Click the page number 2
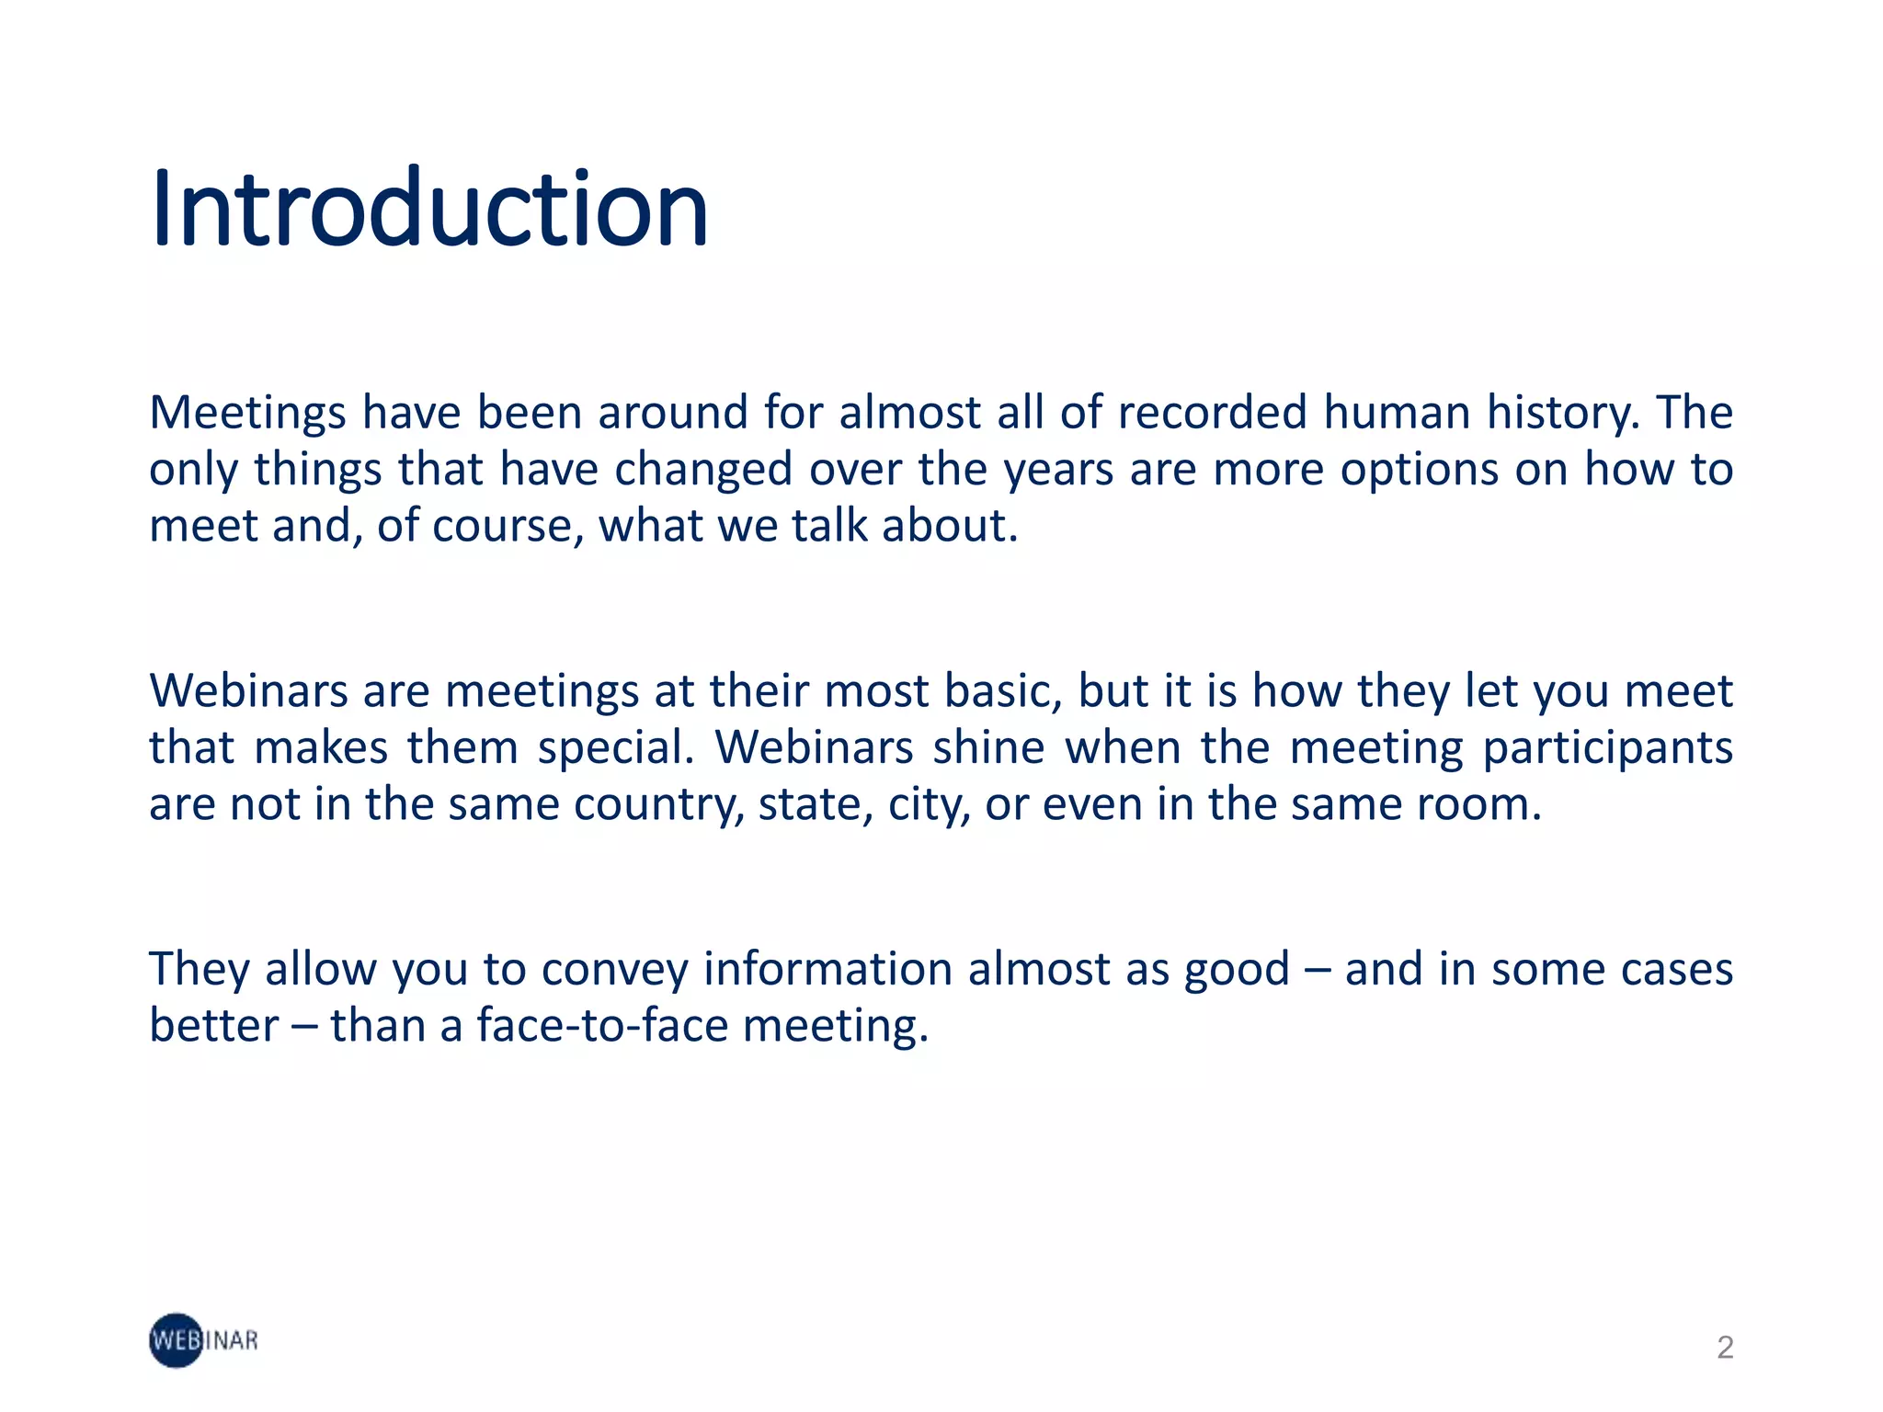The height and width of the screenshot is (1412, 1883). click(x=1725, y=1347)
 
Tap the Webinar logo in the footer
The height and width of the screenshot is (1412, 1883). click(x=203, y=1340)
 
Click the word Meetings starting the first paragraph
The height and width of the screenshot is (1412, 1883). click(x=247, y=413)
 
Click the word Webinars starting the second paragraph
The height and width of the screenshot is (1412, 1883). click(x=248, y=691)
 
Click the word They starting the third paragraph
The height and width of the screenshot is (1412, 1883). click(x=200, y=970)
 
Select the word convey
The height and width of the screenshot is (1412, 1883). click(x=614, y=971)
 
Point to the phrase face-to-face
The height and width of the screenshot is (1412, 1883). click(x=602, y=1027)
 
